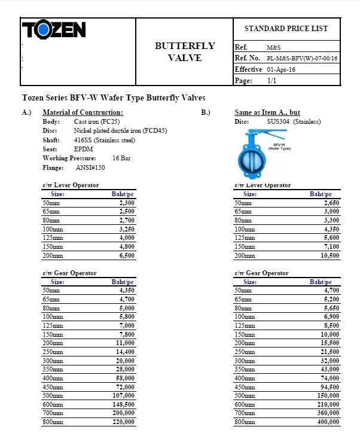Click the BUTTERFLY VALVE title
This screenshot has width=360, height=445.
click(x=185, y=52)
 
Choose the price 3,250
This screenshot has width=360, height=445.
click(x=124, y=229)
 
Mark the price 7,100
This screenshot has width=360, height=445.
click(x=329, y=246)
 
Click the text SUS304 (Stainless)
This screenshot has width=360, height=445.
click(x=294, y=122)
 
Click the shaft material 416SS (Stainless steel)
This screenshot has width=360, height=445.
click(x=105, y=140)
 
